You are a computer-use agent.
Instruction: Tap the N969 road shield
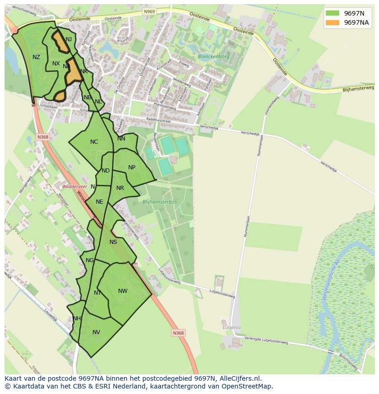point(149,11)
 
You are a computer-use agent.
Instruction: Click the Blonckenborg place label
point(213,57)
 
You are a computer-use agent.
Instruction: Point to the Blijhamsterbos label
point(159,201)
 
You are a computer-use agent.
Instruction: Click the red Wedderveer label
point(75,187)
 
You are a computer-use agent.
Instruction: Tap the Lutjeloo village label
point(231,327)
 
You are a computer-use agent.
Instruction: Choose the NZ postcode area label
point(37,57)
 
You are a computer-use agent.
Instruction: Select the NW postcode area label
point(123,291)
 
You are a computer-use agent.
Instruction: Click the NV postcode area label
point(96,332)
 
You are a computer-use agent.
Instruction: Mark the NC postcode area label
point(94,142)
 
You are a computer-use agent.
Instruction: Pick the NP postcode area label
point(132,167)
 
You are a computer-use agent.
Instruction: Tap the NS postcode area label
point(113,242)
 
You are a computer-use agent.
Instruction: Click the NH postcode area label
point(76,318)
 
